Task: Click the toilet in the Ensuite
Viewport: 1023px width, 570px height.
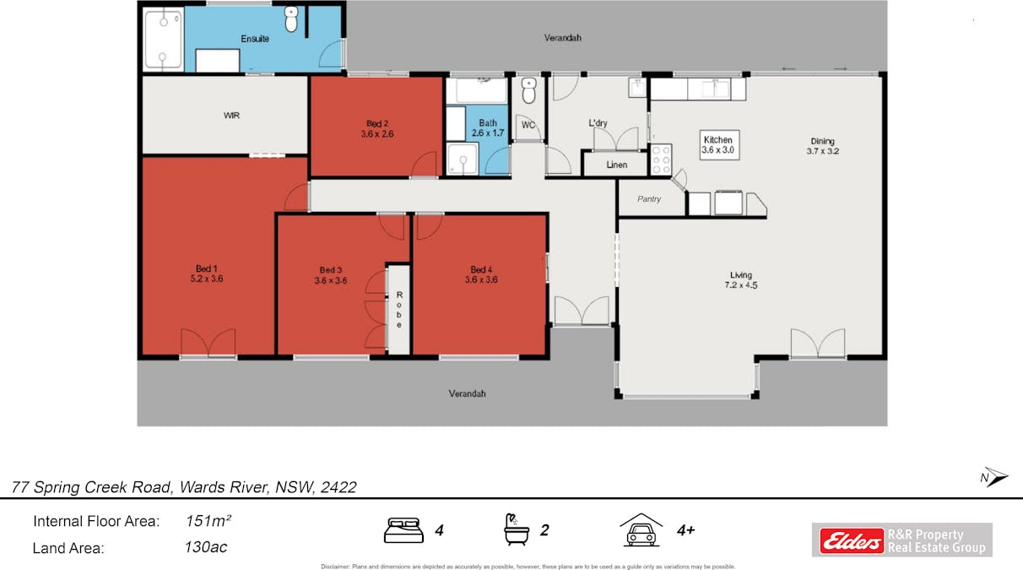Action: [x=291, y=19]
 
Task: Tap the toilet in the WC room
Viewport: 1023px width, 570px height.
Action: [x=529, y=90]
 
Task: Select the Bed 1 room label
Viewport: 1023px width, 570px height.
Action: [x=207, y=274]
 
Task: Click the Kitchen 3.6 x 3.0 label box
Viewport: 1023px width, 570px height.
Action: [x=719, y=145]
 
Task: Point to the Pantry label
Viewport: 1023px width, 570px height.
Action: [x=649, y=198]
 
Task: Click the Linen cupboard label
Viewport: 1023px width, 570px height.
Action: [x=616, y=165]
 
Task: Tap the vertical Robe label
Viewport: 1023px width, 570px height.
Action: [x=399, y=310]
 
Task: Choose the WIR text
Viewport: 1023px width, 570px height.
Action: [x=231, y=116]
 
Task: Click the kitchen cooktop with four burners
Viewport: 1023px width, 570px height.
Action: [x=661, y=160]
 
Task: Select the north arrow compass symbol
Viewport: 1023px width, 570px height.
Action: [x=994, y=477]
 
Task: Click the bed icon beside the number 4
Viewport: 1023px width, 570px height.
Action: [x=403, y=530]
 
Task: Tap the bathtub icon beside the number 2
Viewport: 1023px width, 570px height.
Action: [x=517, y=529]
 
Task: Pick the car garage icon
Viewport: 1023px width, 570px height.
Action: [x=641, y=529]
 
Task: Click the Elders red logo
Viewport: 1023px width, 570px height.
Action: [x=852, y=540]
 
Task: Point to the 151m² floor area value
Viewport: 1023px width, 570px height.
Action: [x=208, y=521]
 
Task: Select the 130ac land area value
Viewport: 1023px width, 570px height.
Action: [x=205, y=547]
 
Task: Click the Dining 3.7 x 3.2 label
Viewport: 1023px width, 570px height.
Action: [x=822, y=146]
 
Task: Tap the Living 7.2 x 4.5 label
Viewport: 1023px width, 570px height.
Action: [x=741, y=280]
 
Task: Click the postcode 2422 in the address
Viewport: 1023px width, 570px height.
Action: [x=338, y=487]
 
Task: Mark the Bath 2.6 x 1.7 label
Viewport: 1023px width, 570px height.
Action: [x=488, y=128]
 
